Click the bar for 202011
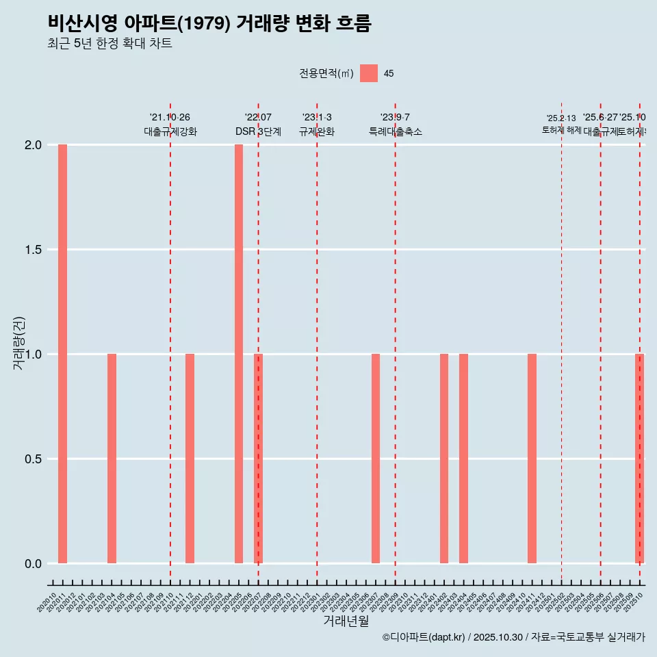(x=62, y=354)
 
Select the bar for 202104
(x=112, y=459)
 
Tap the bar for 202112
(x=190, y=459)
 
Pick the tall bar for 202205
(x=239, y=354)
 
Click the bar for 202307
(x=376, y=459)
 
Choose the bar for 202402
(x=444, y=459)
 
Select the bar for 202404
(x=463, y=459)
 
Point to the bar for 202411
(x=532, y=459)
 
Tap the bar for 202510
(x=639, y=459)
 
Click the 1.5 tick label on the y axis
(x=32, y=250)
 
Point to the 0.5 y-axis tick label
(x=32, y=459)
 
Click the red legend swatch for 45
(x=369, y=73)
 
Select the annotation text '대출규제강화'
(x=170, y=132)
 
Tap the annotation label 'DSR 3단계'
(x=258, y=132)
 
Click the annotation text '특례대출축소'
(x=395, y=132)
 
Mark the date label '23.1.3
(x=317, y=117)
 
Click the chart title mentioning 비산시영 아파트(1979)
(x=209, y=23)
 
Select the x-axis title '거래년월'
(x=346, y=621)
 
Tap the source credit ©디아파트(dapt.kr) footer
(x=513, y=637)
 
